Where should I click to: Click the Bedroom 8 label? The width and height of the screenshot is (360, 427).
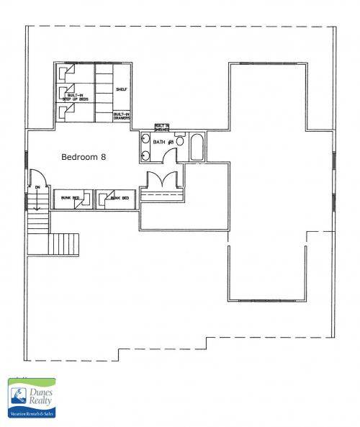click(x=84, y=156)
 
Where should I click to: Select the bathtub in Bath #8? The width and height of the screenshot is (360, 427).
click(x=197, y=148)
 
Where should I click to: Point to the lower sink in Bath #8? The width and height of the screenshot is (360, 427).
click(x=146, y=153)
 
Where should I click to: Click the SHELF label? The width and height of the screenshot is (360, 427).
click(x=121, y=90)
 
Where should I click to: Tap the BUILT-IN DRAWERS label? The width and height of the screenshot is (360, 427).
click(x=121, y=116)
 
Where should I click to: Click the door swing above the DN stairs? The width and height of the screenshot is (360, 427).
click(x=37, y=179)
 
